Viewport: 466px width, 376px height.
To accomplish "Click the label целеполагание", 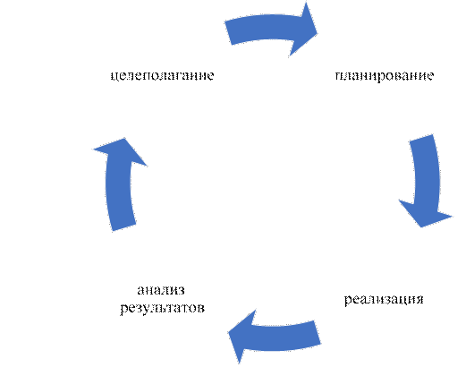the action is pyautogui.click(x=162, y=75).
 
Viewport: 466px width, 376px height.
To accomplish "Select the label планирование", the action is pyautogui.click(x=385, y=76).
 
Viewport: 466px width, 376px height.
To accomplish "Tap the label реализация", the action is pyautogui.click(x=384, y=299).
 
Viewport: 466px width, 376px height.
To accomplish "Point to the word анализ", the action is pyautogui.click(x=161, y=290).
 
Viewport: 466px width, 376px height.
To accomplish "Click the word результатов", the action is pyautogui.click(x=163, y=308).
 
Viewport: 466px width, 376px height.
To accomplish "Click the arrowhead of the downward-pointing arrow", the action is pyautogui.click(x=426, y=213).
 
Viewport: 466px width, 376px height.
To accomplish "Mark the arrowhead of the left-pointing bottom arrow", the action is pyautogui.click(x=242, y=336).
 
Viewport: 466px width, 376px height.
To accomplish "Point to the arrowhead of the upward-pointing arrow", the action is pyautogui.click(x=122, y=150).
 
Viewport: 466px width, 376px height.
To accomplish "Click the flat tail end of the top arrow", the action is pyautogui.click(x=228, y=33).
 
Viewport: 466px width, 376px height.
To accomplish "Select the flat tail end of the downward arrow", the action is pyautogui.click(x=421, y=137).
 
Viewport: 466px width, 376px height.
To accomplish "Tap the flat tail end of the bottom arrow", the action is pyautogui.click(x=318, y=332).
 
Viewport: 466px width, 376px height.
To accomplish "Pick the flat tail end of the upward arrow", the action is pyautogui.click(x=124, y=227).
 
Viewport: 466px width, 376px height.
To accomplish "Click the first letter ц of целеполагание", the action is pyautogui.click(x=114, y=76).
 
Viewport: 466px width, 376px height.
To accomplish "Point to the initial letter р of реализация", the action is pyautogui.click(x=348, y=300).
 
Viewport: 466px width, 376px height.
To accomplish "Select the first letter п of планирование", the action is pyautogui.click(x=339, y=76).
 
